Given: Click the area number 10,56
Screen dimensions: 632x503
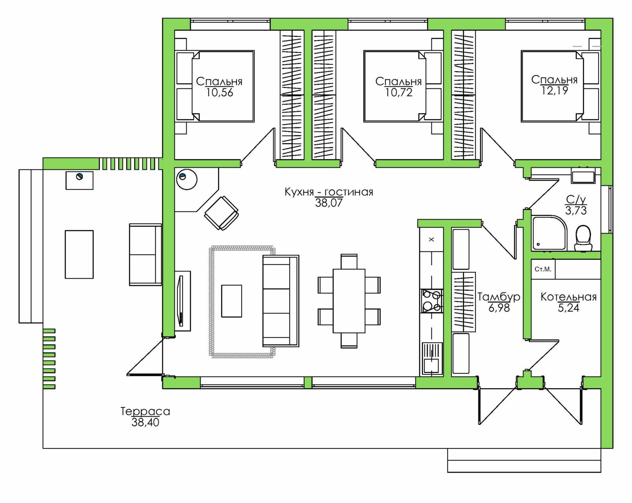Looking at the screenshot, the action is coord(219,92).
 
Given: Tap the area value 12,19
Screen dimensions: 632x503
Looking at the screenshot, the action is coord(555,90).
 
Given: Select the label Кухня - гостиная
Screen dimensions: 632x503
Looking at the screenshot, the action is coord(329,192).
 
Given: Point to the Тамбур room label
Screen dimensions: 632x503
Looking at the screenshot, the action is coord(498,297).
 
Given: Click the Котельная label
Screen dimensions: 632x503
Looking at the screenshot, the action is coord(568,297).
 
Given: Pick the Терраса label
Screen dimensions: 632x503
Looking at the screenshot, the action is coord(145,411).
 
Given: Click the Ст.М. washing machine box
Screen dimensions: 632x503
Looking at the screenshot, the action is coord(543,269).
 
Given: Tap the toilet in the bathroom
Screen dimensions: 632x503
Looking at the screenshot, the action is coord(583,238).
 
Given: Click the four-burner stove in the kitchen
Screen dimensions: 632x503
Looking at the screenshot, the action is coord(431,301).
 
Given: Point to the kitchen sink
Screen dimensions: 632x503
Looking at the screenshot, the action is coord(431,358).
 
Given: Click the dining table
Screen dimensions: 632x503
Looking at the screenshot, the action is coord(349,301).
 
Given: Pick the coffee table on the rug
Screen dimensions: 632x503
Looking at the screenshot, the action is coord(232,301).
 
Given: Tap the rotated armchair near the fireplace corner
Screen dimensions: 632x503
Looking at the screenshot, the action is coord(222,213).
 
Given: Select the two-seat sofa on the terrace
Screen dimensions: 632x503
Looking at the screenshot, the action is coord(145,255).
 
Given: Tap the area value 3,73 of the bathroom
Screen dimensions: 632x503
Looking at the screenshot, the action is coord(576,210).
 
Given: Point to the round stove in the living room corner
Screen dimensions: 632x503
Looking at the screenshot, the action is coord(187,179).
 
